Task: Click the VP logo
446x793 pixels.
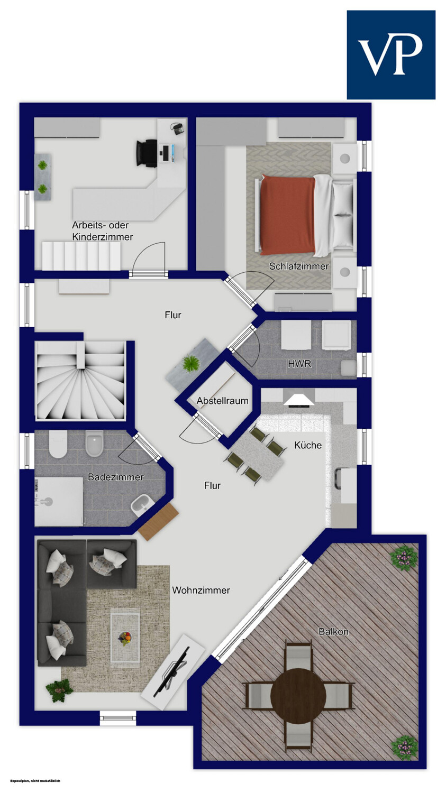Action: [391, 54]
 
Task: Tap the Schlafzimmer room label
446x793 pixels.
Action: [298, 266]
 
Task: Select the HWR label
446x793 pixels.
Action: [299, 364]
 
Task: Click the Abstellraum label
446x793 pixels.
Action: [222, 401]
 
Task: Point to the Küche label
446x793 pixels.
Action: [308, 445]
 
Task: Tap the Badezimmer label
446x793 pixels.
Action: [115, 477]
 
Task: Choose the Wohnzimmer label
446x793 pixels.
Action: [201, 590]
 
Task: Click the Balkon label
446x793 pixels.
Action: [333, 631]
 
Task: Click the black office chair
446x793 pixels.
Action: [147, 153]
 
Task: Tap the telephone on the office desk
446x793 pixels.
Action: [177, 128]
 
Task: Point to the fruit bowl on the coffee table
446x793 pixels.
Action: [124, 638]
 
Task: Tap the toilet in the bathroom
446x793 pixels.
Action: [58, 444]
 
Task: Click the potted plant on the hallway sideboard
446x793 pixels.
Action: [191, 363]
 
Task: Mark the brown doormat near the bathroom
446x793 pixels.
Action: [158, 522]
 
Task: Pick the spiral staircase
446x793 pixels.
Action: [81, 381]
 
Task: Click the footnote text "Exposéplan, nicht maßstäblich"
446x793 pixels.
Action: [35, 781]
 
